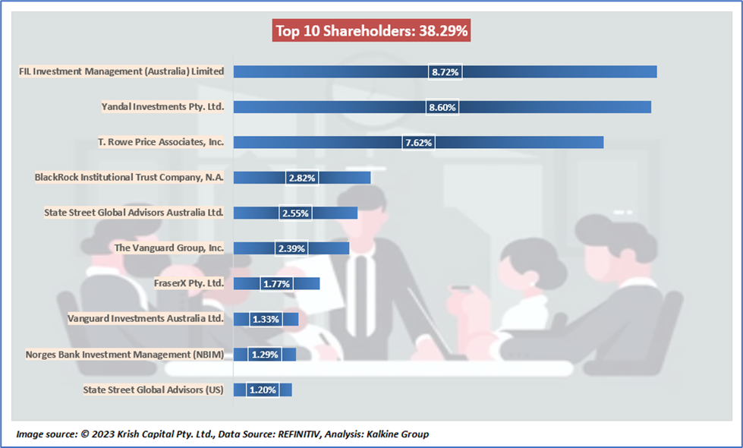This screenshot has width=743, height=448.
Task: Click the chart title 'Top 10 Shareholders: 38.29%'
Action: pos(371,31)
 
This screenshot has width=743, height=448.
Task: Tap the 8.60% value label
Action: pos(442,107)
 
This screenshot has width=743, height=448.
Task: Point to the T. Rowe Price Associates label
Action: pos(161,142)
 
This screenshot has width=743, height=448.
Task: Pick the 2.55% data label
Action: pos(294,213)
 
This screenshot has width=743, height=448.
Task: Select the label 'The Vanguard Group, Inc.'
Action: pos(168,248)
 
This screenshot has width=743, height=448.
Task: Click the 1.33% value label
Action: pos(265,319)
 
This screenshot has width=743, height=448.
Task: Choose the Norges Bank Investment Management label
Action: pos(124,354)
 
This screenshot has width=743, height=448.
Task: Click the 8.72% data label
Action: pos(445,72)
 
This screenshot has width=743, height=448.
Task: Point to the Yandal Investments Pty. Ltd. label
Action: pos(162,107)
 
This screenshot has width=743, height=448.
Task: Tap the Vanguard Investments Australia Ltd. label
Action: pos(146,318)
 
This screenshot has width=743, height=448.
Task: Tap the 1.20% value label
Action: pos(262,390)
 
